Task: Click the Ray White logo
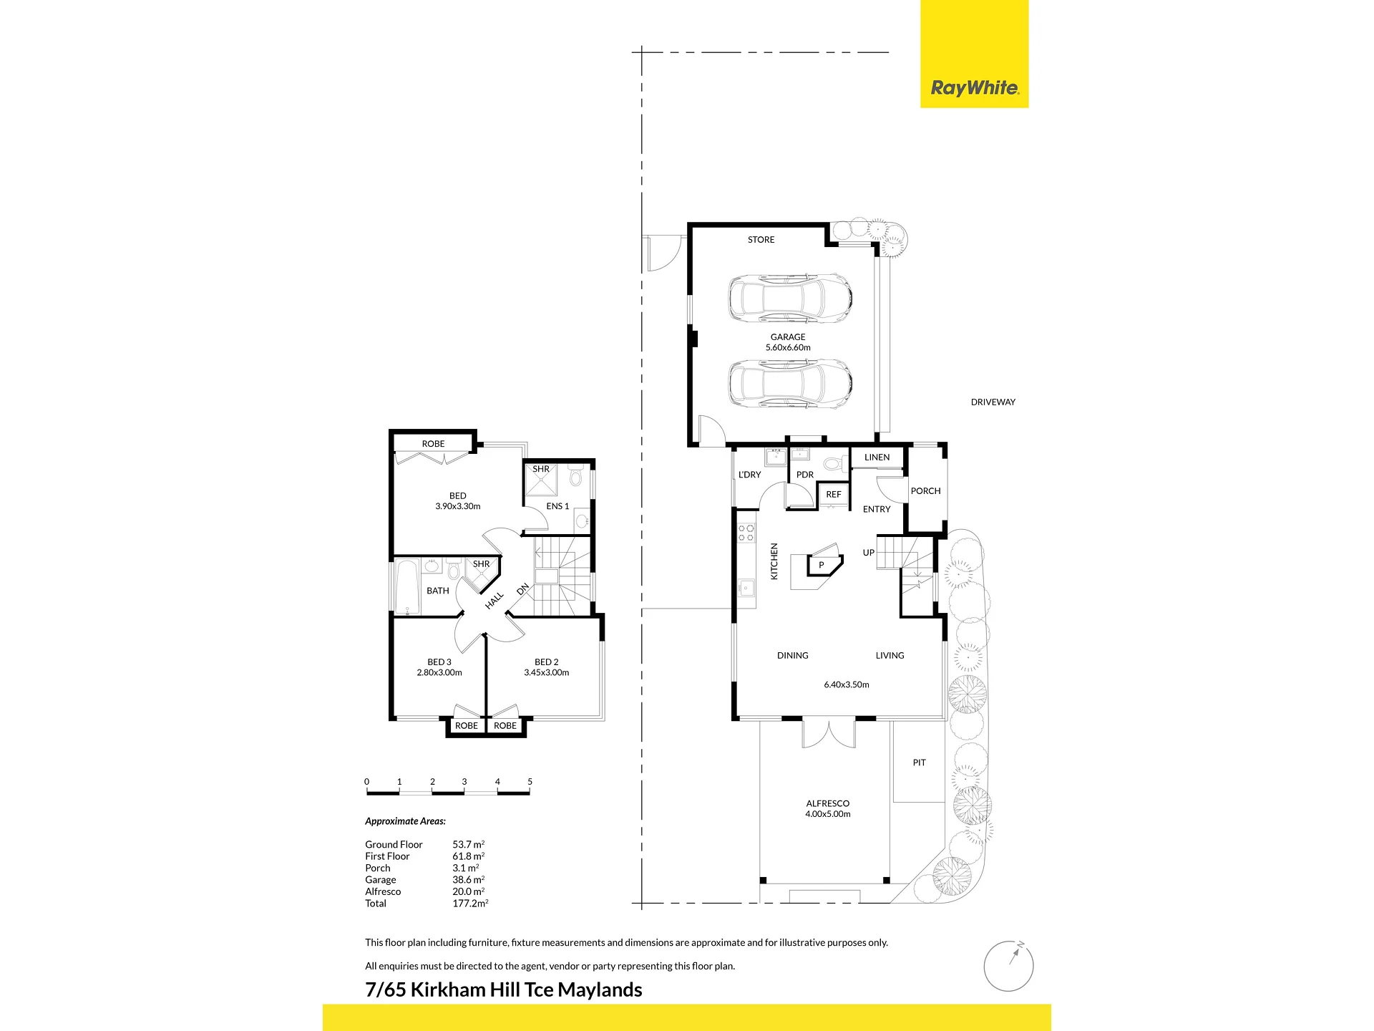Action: point(974,88)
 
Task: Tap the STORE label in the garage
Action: point(761,240)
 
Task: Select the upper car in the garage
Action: point(790,297)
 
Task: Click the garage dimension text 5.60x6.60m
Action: point(788,348)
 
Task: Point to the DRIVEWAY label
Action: point(993,402)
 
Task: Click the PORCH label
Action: point(925,491)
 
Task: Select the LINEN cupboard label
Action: point(877,458)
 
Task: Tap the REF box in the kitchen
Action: point(834,495)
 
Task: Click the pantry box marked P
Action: point(822,566)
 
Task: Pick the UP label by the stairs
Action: point(868,553)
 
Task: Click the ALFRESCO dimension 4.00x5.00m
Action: point(827,814)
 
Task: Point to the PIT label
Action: point(919,763)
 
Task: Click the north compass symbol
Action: point(1008,966)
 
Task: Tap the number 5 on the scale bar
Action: point(530,782)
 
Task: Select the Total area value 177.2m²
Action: point(470,904)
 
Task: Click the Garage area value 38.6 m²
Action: point(468,880)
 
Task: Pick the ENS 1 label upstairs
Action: point(557,506)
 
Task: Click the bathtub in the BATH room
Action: point(407,587)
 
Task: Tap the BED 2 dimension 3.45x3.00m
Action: point(546,673)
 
